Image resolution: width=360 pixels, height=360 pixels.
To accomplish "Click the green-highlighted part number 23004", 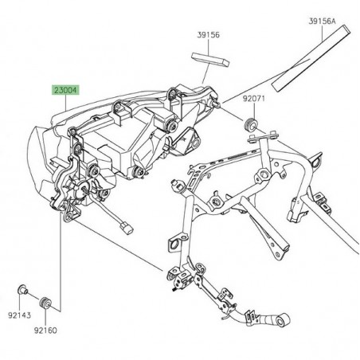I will coord(66,91).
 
